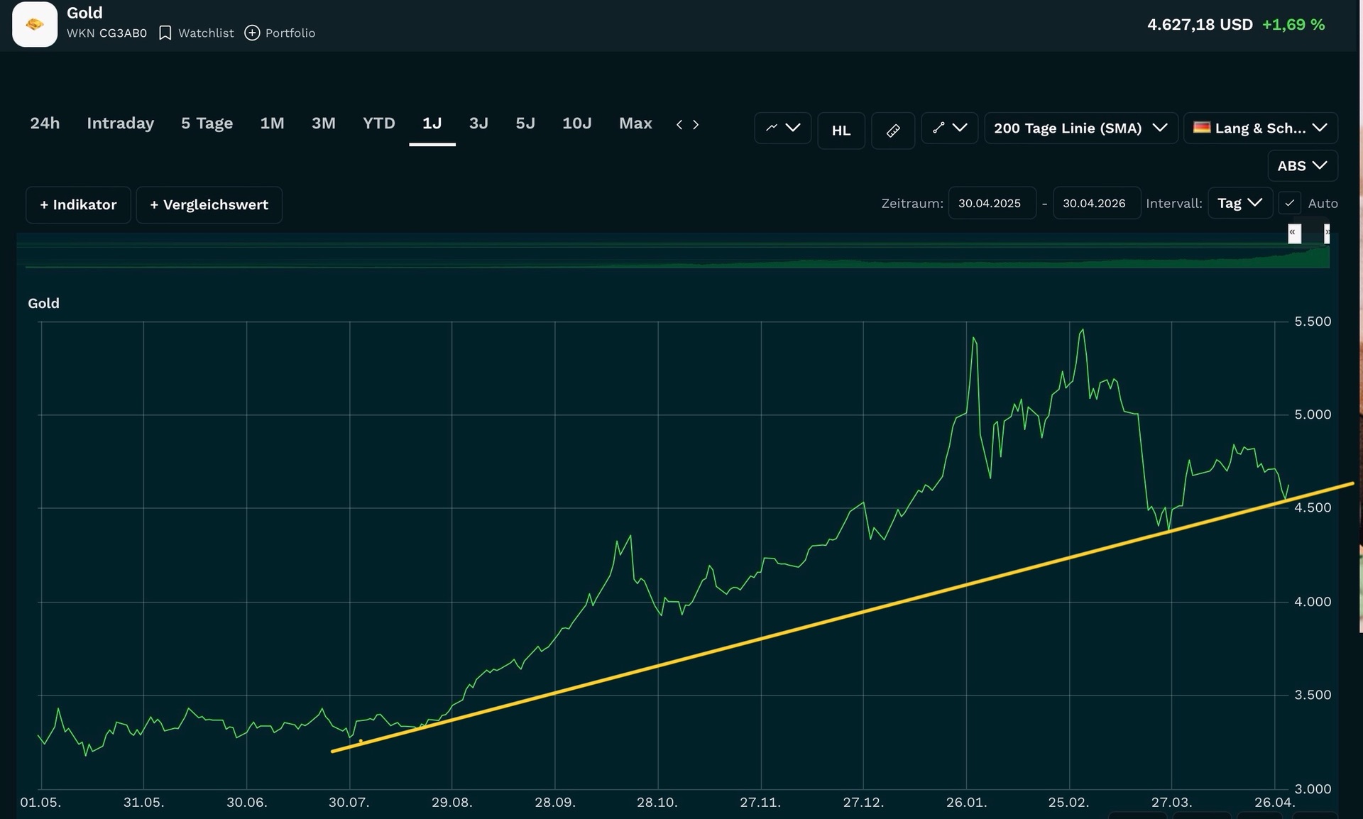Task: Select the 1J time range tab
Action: [x=432, y=123]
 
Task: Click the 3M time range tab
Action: [x=323, y=123]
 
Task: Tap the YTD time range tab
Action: [x=378, y=123]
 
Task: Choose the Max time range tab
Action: [x=635, y=123]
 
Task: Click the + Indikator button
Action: [x=78, y=205]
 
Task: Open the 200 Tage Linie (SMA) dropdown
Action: [x=1080, y=128]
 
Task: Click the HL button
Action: [x=841, y=131]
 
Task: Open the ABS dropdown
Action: [x=1303, y=166]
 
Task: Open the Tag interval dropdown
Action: [x=1239, y=203]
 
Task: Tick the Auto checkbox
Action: [x=1290, y=203]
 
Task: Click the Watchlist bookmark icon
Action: [x=165, y=33]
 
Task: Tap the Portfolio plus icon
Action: [x=252, y=33]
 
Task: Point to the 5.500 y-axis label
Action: [x=1313, y=321]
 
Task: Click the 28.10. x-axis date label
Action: [x=657, y=803]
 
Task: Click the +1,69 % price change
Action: [x=1293, y=25]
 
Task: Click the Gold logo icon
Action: [x=35, y=24]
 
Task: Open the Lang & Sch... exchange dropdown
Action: [x=1261, y=128]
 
